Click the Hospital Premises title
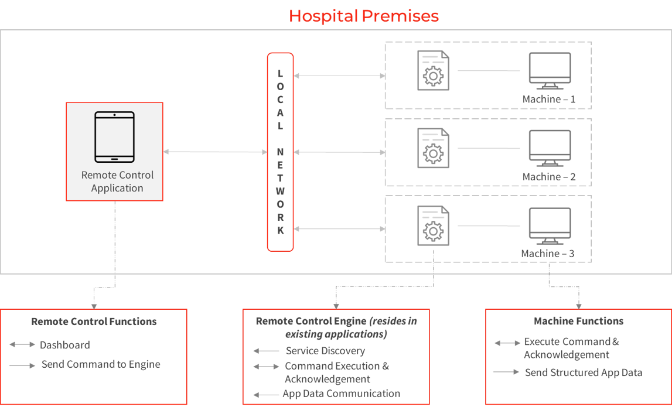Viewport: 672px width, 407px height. coord(363,16)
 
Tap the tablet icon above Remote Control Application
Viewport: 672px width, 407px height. coord(114,137)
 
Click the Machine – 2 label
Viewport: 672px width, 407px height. coord(548,176)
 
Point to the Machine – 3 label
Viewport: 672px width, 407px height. coord(547,253)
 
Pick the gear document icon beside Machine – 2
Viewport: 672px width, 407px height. coord(434,148)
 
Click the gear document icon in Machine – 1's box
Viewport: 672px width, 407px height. coord(434,71)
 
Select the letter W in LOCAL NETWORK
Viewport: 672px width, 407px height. coord(280,191)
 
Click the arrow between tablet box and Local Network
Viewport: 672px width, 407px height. coord(216,152)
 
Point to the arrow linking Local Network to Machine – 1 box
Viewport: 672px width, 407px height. coord(339,76)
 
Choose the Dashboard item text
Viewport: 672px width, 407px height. coord(64,345)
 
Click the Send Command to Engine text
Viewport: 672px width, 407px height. coord(101,364)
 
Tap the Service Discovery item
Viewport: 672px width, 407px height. coord(325,351)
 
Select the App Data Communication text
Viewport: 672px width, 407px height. coord(341,394)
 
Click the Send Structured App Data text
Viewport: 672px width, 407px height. coord(584,372)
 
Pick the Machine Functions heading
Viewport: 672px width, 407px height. coord(579,321)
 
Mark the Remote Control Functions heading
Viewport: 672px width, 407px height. coord(94,322)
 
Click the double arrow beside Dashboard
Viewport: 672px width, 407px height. coord(22,344)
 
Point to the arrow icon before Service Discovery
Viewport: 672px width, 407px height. coord(266,351)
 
